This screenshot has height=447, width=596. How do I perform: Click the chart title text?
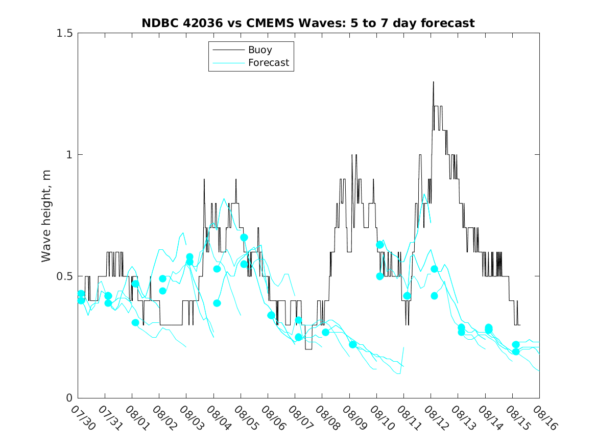pos(308,23)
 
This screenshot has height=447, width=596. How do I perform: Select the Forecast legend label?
pos(268,63)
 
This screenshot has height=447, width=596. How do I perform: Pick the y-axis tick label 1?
pos(69,155)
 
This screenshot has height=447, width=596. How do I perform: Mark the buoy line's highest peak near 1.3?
pos(433,82)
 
